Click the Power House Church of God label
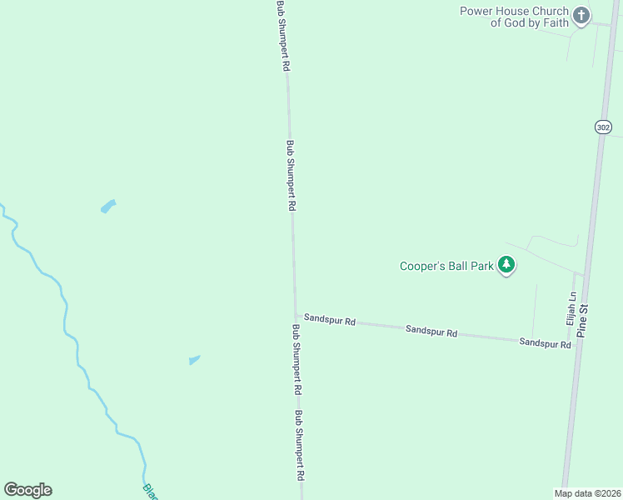coord(514,17)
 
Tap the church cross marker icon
coord(581,15)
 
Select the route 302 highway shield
coord(604,127)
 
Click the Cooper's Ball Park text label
coord(446,267)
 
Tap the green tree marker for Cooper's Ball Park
coord(506,266)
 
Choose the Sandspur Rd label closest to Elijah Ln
coord(546,342)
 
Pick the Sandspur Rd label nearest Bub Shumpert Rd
coord(330,319)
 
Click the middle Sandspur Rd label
coord(431,331)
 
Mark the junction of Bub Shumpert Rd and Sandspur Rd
coord(295,315)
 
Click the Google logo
coord(27,490)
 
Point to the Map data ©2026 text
coord(587,493)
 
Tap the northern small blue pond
coord(108,206)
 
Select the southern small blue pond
coord(195,359)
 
